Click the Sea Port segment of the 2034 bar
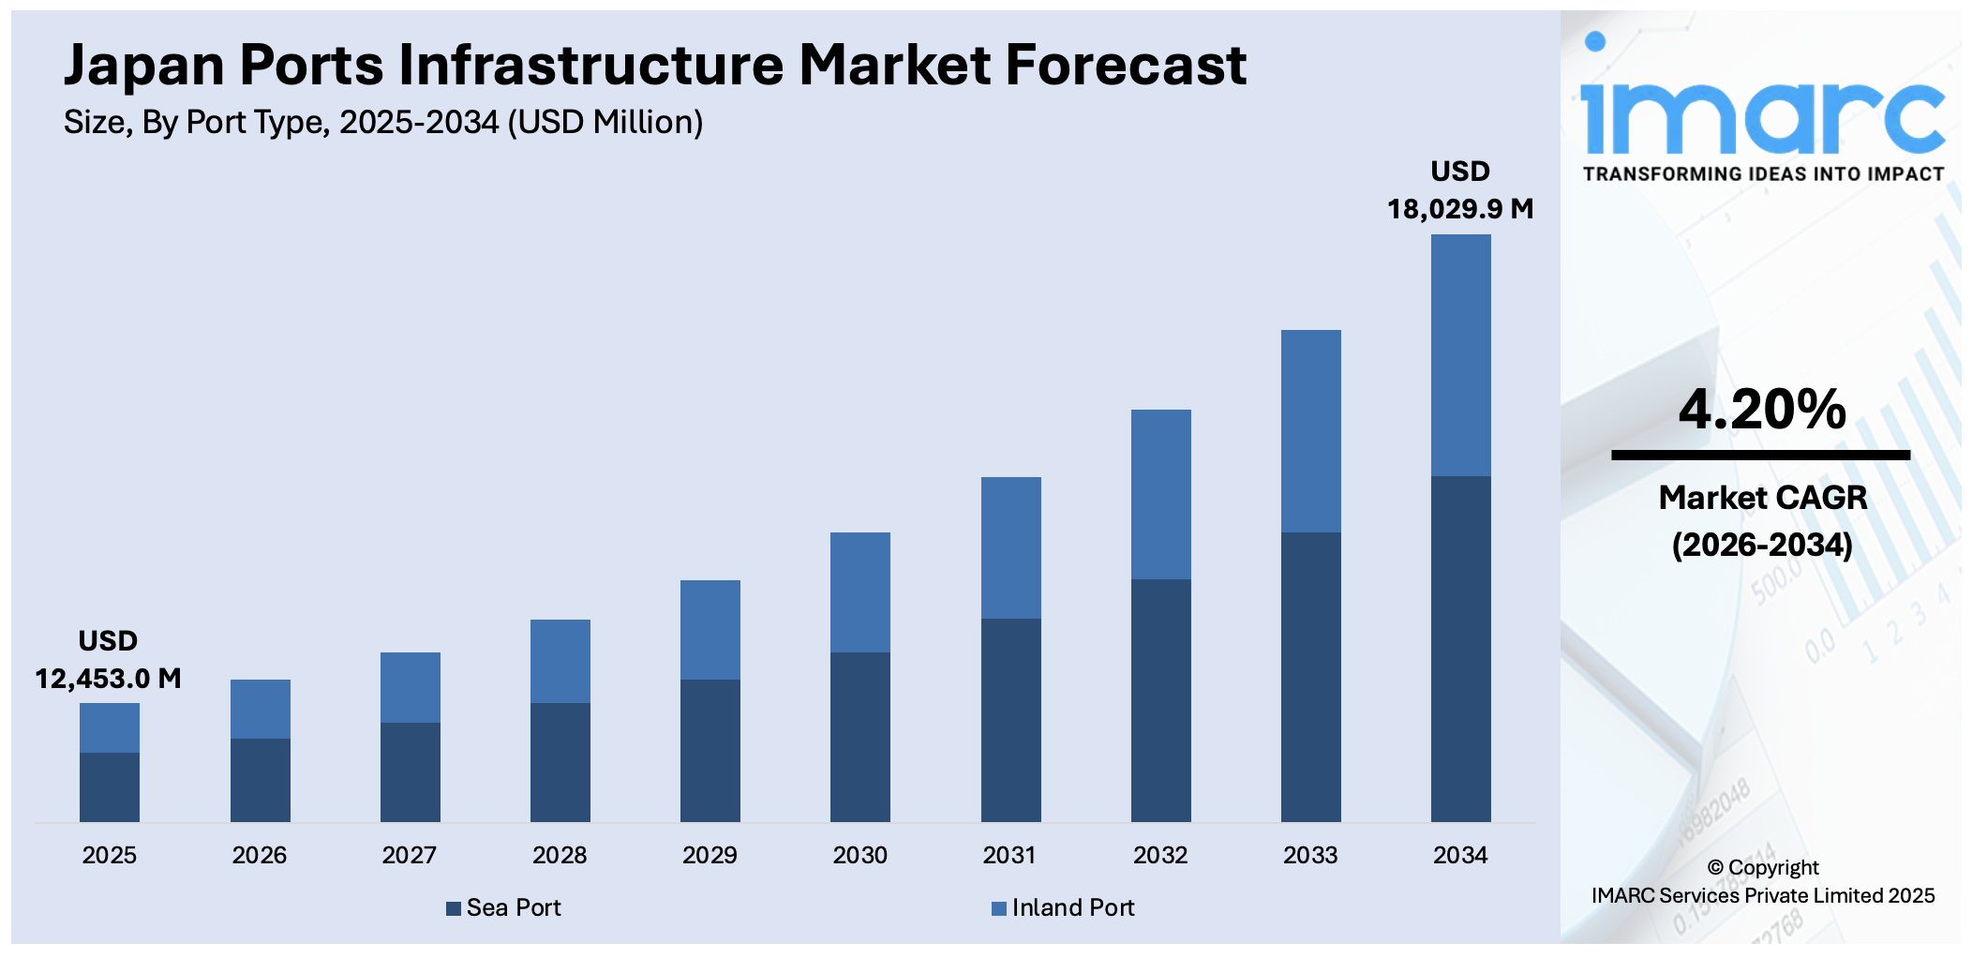[1460, 649]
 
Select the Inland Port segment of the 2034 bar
[1460, 355]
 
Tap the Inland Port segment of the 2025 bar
[110, 727]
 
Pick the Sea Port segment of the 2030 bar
[860, 737]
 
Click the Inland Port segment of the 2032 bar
[1160, 494]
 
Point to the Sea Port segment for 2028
[560, 762]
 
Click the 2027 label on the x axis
[410, 855]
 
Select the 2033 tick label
[1310, 855]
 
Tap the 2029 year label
[710, 855]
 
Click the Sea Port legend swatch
[454, 908]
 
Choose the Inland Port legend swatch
[999, 908]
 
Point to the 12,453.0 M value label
[109, 678]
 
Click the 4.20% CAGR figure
[1762, 410]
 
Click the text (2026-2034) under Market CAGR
[1762, 545]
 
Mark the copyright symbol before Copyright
[1715, 868]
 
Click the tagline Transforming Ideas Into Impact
[1763, 174]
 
